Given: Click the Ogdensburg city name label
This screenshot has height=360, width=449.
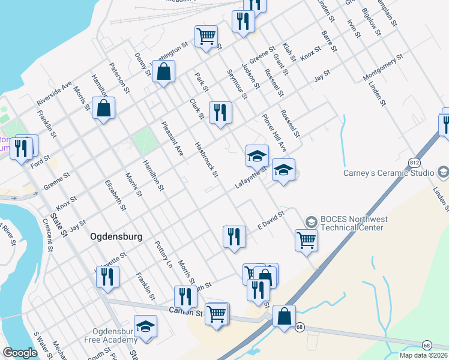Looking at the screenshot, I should tap(116, 236).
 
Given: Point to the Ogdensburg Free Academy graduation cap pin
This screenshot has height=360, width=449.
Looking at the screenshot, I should tap(145, 327).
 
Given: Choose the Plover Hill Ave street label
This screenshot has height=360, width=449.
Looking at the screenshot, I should tap(274, 133).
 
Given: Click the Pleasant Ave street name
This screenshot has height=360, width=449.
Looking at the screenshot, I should tap(172, 140).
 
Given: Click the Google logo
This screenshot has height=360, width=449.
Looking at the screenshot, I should tap(20, 353).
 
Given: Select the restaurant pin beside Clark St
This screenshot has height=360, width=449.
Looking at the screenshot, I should tap(220, 112).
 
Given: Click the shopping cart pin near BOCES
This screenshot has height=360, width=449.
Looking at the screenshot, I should tap(306, 241).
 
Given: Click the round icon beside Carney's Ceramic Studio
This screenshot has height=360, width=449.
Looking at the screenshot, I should tap(443, 173).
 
